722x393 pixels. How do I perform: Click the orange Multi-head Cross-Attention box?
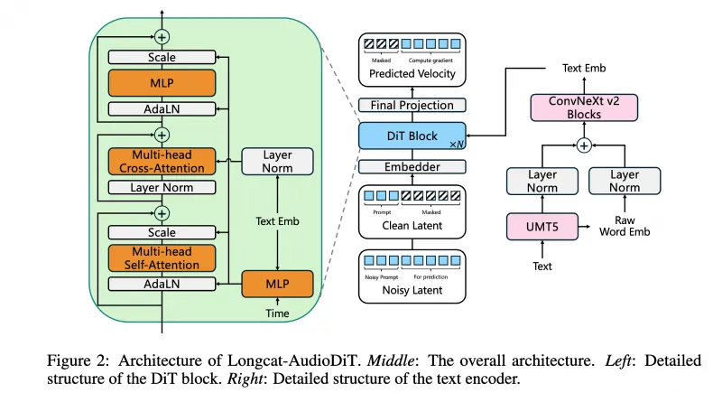pos(162,162)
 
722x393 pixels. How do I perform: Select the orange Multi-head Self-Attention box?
pos(162,257)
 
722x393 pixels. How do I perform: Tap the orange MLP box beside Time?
pos(276,284)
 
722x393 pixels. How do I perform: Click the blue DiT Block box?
pos(412,136)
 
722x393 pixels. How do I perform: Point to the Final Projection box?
pos(412,105)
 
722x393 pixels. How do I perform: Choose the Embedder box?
pos(412,166)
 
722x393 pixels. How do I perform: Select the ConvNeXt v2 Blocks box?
pos(584,109)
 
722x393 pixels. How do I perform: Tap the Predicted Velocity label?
pos(412,73)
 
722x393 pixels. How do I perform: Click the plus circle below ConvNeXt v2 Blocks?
pos(584,145)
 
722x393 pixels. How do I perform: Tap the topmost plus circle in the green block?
pos(162,37)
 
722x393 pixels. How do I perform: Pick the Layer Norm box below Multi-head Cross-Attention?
pos(162,187)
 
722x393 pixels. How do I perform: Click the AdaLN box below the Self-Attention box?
pos(162,284)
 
